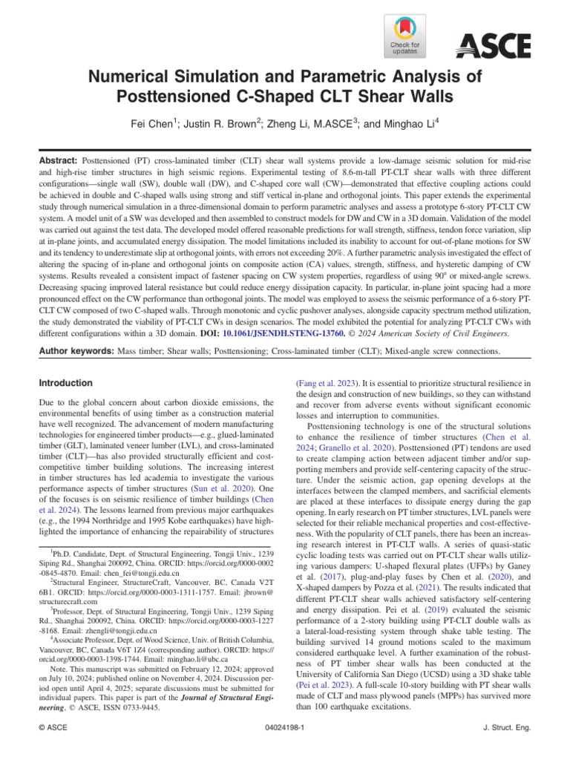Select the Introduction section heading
pos(66,383)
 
